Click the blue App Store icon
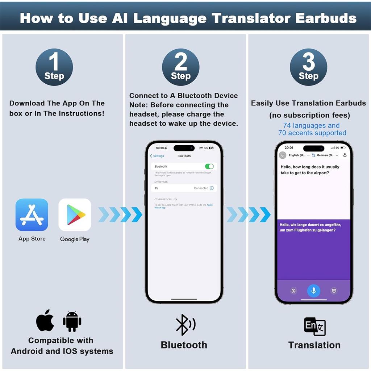coord(32,215)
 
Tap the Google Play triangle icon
coord(75,215)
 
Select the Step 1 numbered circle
coord(54,67)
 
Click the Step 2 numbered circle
coord(180,67)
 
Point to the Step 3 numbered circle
coord(308,67)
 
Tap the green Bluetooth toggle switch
coord(209,166)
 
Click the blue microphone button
coord(314,291)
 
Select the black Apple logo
coord(45,320)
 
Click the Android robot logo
coord(72,321)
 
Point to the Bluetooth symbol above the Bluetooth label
coord(185,324)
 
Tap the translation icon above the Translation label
coord(314,326)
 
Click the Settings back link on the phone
coord(157,156)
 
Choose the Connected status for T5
coord(201,188)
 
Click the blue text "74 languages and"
coord(311,126)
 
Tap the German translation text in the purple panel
coord(310,228)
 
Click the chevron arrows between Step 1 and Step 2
coord(120,215)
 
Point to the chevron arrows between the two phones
coord(248,215)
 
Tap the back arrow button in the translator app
coord(283,155)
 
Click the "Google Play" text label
coord(75,239)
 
